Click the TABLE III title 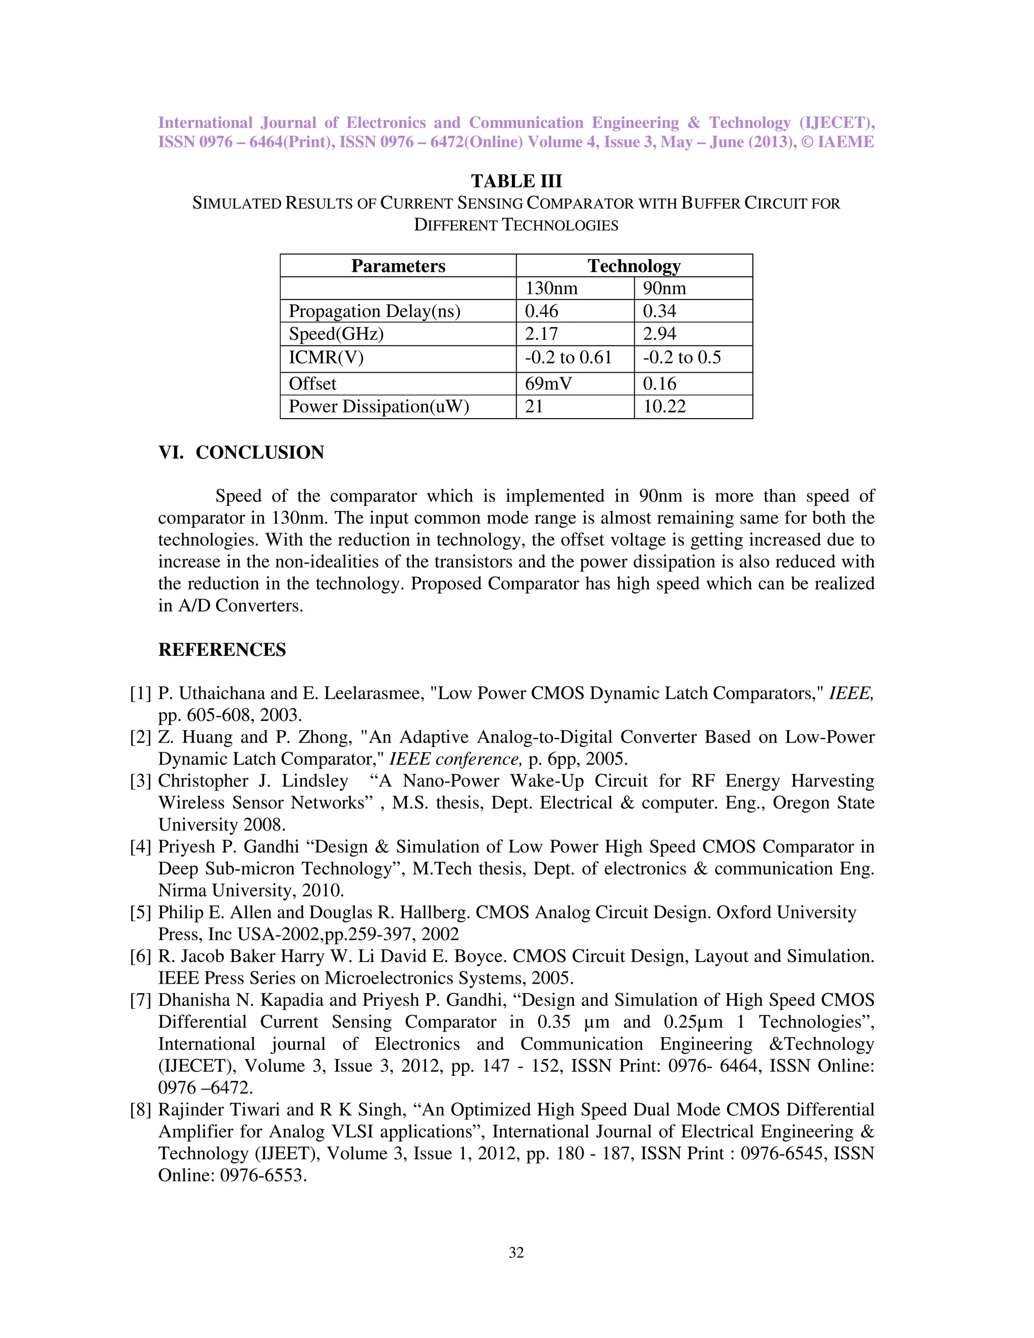(x=516, y=181)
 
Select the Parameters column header (x=398, y=266)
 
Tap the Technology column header (x=634, y=266)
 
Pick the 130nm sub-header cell (x=551, y=288)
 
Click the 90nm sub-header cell (x=664, y=288)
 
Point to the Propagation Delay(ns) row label (x=374, y=311)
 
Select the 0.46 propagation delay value (x=542, y=311)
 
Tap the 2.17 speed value (x=542, y=334)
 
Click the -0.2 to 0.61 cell (x=568, y=357)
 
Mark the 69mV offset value (x=548, y=384)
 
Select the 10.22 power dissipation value (x=664, y=406)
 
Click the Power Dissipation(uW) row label (x=379, y=406)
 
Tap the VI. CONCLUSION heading (x=241, y=453)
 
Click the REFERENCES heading (x=222, y=649)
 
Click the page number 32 (x=516, y=1252)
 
